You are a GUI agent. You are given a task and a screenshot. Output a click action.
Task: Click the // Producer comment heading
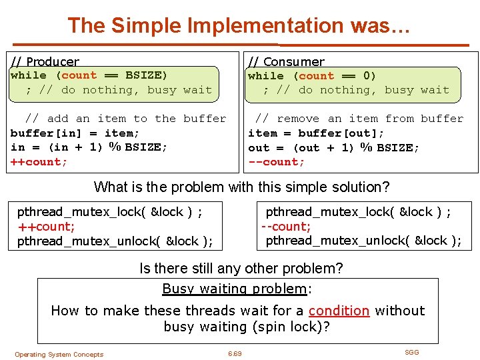(x=45, y=62)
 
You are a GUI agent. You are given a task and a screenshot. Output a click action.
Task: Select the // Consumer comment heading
(x=286, y=62)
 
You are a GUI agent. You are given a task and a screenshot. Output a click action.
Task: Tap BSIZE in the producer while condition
(x=146, y=75)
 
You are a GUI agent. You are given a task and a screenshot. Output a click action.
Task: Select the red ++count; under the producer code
(x=39, y=162)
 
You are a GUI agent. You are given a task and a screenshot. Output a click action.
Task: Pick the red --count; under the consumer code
(x=276, y=162)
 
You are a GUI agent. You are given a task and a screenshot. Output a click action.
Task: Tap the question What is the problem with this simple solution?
(x=241, y=187)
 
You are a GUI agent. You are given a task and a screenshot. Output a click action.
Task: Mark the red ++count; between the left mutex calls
(x=46, y=227)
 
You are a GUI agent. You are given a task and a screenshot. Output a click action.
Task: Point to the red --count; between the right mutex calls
(x=286, y=227)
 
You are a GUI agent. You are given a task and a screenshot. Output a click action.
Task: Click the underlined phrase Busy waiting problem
(x=234, y=289)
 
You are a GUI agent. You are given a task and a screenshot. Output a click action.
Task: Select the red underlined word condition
(x=339, y=311)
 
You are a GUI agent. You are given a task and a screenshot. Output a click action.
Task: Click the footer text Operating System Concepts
(x=59, y=355)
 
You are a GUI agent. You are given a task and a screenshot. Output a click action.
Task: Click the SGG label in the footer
(x=412, y=352)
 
